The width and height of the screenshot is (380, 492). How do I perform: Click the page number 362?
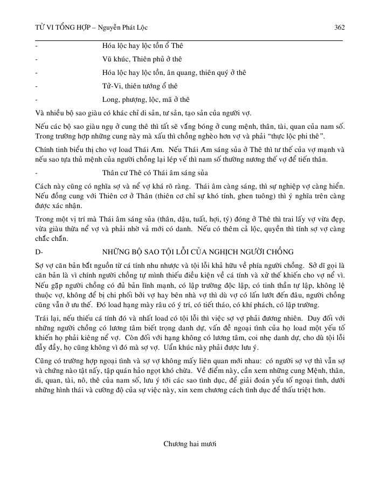pyautogui.click(x=339, y=27)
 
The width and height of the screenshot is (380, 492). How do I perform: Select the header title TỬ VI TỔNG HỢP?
pyautogui.click(x=59, y=27)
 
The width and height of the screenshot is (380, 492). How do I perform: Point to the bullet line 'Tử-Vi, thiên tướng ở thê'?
pyautogui.click(x=140, y=86)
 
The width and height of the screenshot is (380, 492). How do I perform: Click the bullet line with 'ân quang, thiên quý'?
pyautogui.click(x=174, y=72)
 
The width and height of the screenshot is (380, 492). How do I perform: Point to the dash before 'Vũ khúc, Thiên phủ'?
pyautogui.click(x=36, y=59)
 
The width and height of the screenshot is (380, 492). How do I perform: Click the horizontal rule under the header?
pyautogui.click(x=189, y=40)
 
